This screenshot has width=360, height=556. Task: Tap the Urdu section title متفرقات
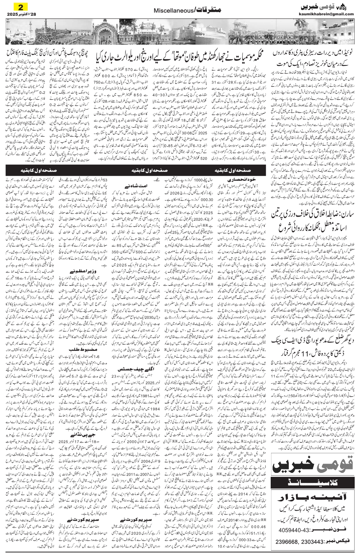(x=202, y=12)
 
